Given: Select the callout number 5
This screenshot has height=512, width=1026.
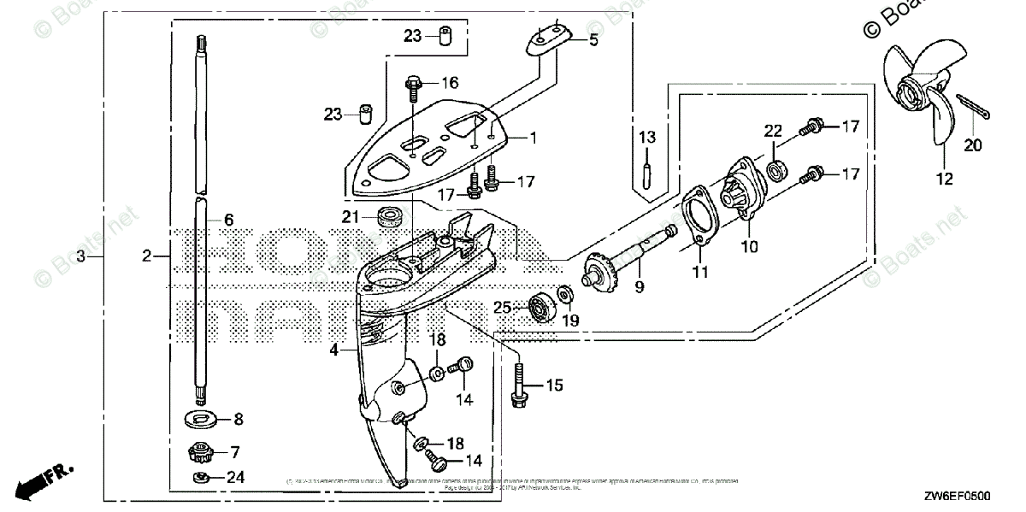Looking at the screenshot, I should [593, 39].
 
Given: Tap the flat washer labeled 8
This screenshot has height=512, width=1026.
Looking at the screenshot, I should [202, 419].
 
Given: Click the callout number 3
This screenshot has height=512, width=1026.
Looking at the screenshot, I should [80, 256].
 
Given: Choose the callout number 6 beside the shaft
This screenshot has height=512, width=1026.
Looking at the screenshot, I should [228, 220].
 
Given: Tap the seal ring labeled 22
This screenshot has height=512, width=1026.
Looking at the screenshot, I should [777, 169].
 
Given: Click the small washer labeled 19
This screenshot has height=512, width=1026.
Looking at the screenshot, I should [564, 296].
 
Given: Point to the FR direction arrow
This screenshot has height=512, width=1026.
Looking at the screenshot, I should [39, 481].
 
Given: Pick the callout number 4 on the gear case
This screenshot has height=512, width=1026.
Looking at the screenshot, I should [334, 350].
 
